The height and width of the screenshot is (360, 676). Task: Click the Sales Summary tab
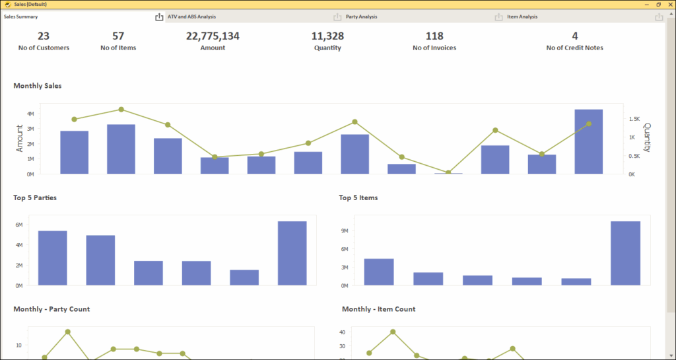[20, 17]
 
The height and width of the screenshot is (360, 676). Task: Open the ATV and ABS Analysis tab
[191, 17]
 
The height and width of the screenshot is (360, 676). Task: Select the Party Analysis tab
[362, 17]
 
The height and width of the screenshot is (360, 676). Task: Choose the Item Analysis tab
[522, 17]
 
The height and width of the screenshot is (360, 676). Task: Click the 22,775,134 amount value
[213, 36]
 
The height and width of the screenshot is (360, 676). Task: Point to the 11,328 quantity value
[327, 36]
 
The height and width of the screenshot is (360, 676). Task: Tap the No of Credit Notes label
[574, 48]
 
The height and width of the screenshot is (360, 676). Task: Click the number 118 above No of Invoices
[434, 36]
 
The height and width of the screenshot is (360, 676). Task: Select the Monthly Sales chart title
[38, 86]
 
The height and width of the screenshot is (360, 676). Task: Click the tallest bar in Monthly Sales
[589, 141]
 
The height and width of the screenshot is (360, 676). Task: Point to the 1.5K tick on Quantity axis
[634, 119]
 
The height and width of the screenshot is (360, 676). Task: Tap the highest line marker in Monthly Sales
[121, 110]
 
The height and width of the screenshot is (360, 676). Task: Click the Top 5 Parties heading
[35, 198]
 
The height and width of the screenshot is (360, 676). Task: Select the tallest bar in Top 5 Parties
[292, 253]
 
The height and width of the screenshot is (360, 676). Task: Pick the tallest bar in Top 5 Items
[625, 253]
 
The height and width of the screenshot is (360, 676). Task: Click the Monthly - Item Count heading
[378, 309]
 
